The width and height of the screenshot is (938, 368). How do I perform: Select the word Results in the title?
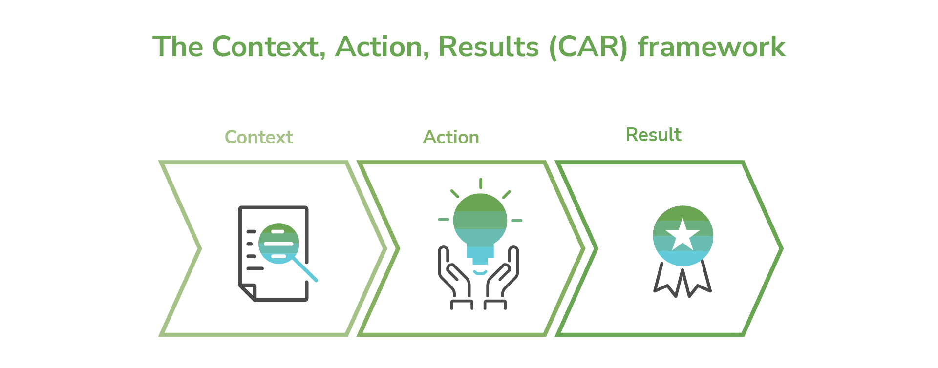point(488,47)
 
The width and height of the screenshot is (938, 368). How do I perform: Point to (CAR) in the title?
point(588,47)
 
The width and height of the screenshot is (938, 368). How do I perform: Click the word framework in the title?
point(711,47)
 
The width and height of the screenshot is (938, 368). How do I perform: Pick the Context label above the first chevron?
point(258,137)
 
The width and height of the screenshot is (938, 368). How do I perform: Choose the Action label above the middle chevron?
point(451,137)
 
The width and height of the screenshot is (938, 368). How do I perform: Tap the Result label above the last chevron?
point(653,135)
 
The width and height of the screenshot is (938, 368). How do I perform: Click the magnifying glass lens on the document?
point(278,243)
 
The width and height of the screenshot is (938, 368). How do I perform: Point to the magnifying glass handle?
point(305,269)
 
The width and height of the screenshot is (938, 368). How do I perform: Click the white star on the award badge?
point(682,234)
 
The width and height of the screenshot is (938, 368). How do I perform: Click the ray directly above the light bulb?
point(481,183)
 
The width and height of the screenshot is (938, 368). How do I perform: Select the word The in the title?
point(178,47)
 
